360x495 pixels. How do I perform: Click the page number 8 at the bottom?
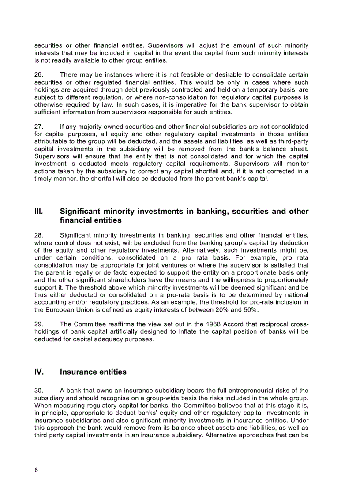click(36, 469)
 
